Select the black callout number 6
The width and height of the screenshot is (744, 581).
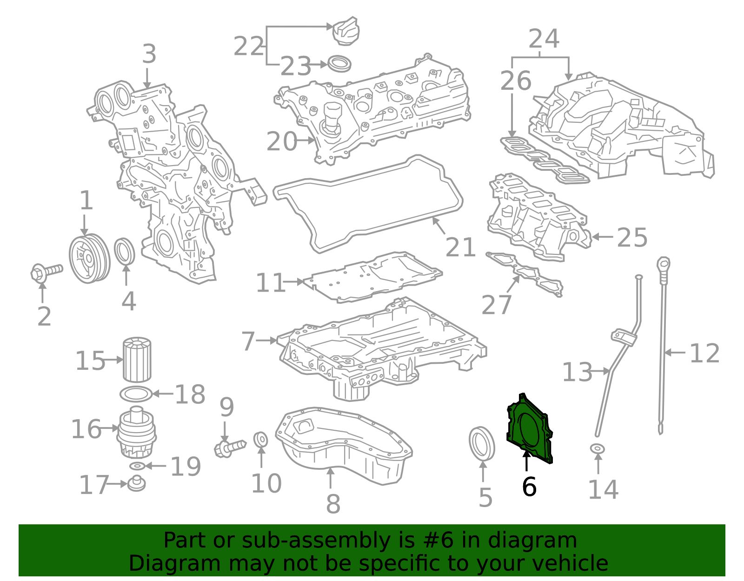click(x=529, y=487)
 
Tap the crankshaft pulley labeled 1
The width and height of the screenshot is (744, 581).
click(x=89, y=258)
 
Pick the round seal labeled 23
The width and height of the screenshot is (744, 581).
click(x=339, y=63)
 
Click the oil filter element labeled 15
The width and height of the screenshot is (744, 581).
click(x=137, y=360)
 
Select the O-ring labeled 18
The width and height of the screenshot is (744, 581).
click(x=136, y=394)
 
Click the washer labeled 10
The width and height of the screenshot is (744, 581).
click(x=261, y=439)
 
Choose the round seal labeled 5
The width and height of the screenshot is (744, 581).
click(x=482, y=444)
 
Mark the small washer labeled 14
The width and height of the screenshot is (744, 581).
click(x=598, y=449)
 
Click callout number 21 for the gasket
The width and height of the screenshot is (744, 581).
click(x=460, y=247)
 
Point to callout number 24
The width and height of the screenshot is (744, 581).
click(x=543, y=39)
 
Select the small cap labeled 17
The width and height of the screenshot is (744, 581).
click(x=136, y=483)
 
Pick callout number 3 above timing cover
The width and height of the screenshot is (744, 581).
click(x=149, y=54)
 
